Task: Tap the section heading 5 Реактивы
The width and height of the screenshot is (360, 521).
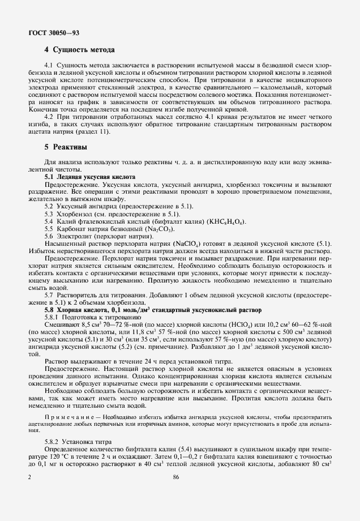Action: (x=66, y=147)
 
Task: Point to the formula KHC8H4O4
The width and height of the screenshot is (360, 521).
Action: (x=226, y=221)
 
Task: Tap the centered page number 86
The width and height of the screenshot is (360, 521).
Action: (x=177, y=478)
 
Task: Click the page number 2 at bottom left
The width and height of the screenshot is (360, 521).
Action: (x=30, y=478)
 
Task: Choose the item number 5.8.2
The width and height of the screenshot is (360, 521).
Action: (x=54, y=442)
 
